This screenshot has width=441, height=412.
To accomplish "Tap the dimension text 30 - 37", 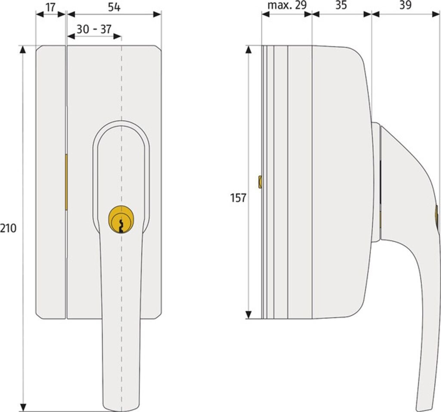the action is (x=94, y=29).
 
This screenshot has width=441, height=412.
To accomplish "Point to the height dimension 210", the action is (x=8, y=228).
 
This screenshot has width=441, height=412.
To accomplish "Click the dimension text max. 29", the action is (x=286, y=5).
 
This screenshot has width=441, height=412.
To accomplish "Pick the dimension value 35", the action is (x=341, y=5).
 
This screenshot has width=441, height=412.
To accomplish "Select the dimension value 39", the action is (x=405, y=5).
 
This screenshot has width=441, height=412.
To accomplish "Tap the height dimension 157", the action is (x=238, y=198).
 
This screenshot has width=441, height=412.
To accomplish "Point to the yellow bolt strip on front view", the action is (x=66, y=182).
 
